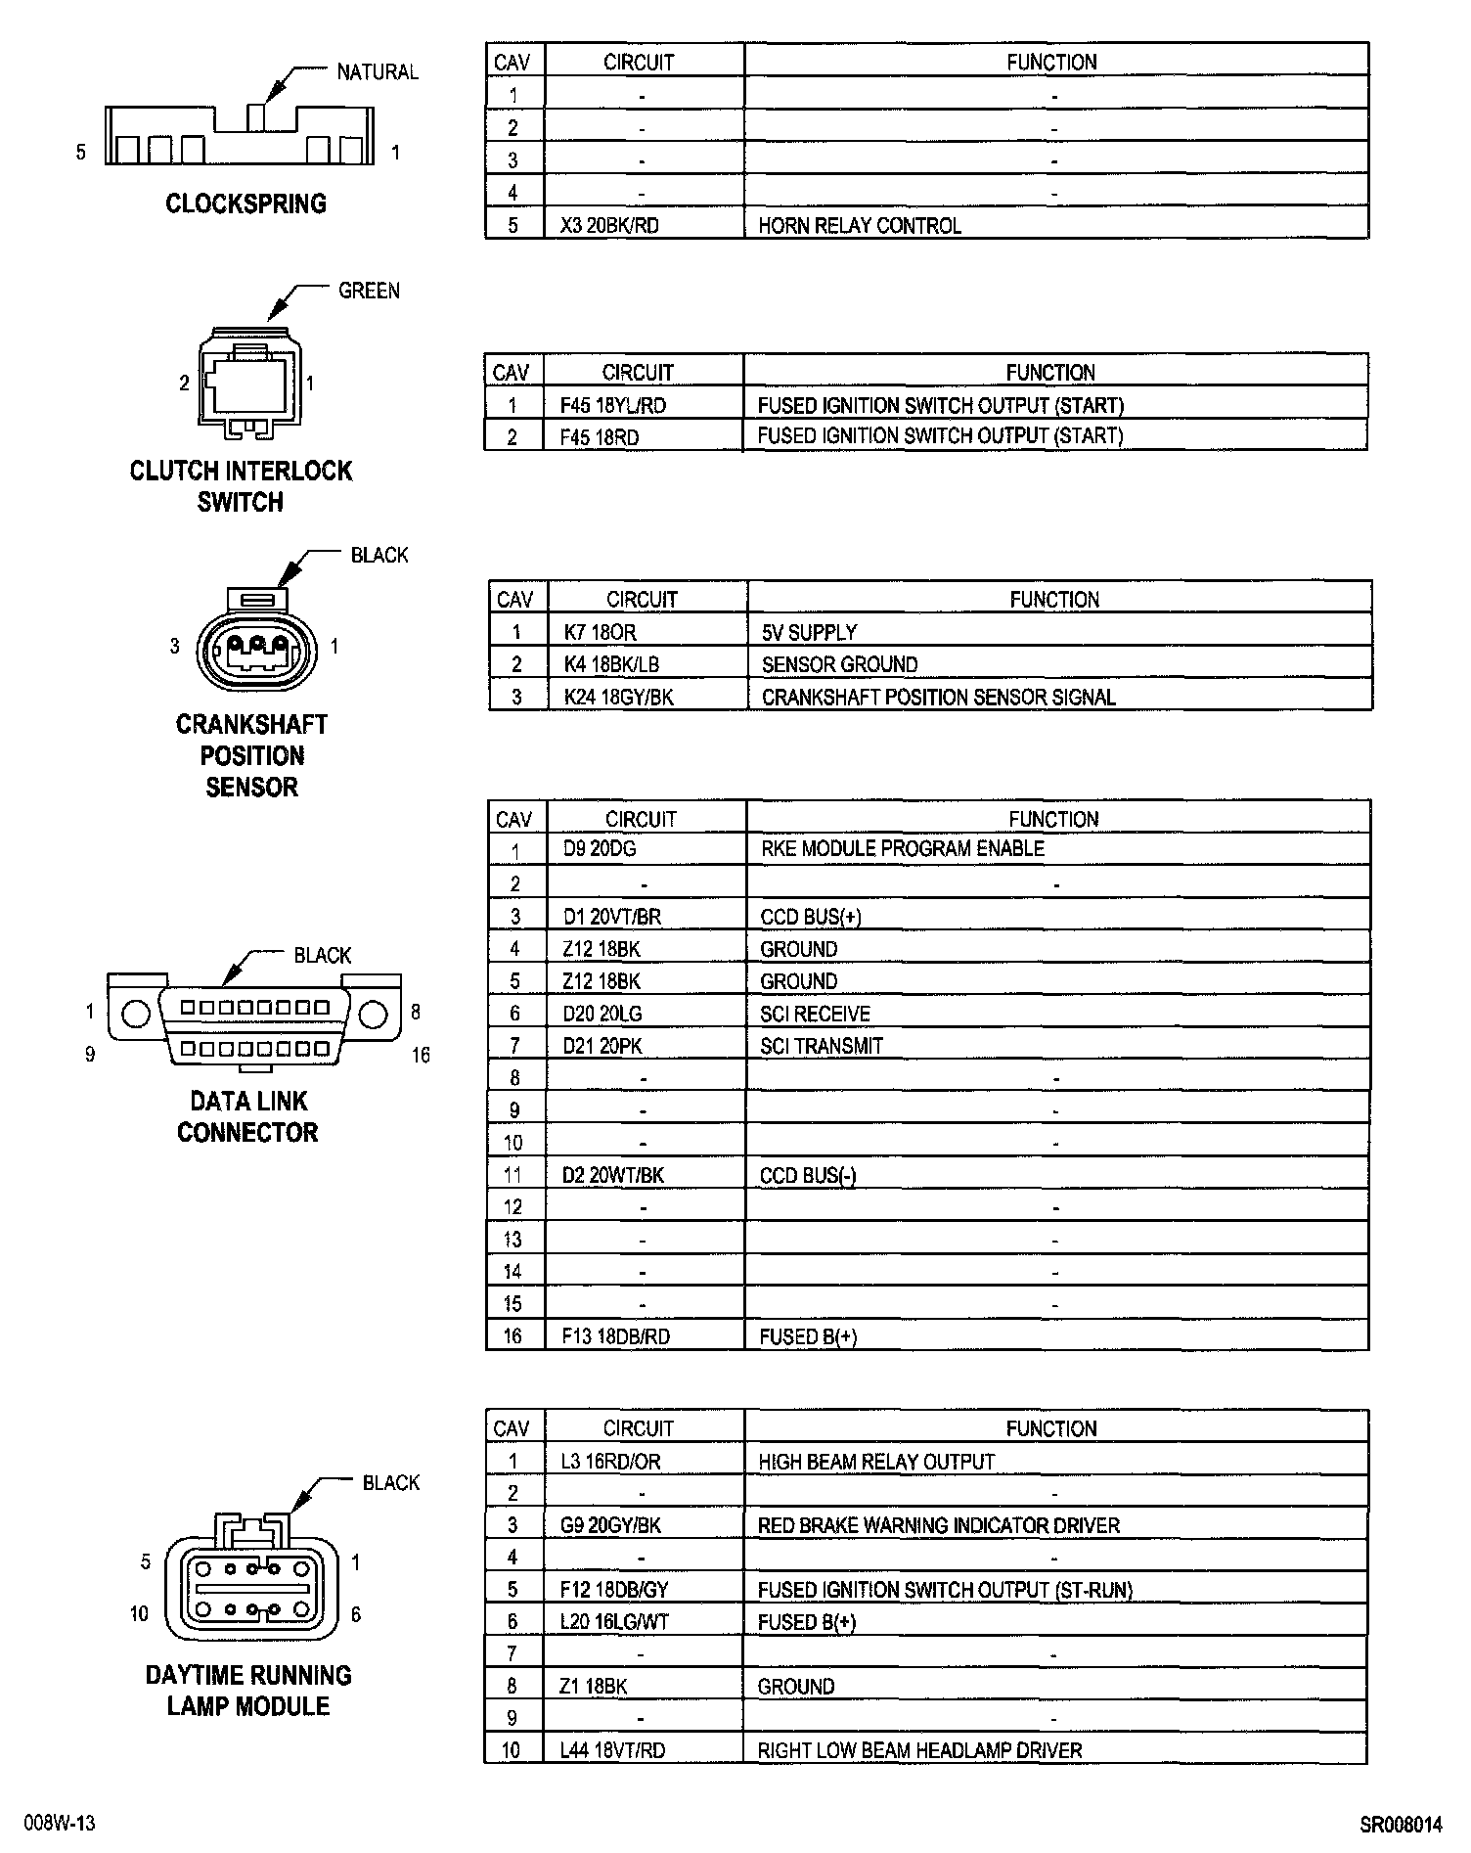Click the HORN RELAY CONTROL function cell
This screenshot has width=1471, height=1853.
point(860,225)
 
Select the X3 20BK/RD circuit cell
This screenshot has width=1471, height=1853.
point(609,225)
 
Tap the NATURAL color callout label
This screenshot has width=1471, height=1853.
point(378,71)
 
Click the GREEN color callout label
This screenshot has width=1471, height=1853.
point(369,291)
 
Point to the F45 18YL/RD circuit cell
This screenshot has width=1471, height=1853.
point(613,405)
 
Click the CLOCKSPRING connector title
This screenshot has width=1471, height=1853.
point(245,203)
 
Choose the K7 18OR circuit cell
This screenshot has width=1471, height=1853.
point(601,632)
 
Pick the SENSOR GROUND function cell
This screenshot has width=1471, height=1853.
point(839,664)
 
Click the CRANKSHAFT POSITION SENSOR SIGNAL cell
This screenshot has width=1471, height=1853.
point(938,697)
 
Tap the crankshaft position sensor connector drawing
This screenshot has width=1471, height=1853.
point(256,646)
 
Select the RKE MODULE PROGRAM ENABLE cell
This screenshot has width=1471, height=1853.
point(902,848)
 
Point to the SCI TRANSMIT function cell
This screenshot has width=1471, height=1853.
point(821,1046)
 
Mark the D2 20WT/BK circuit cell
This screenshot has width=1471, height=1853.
point(612,1175)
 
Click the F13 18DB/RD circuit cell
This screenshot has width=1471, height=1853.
point(615,1336)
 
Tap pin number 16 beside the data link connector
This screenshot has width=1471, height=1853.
point(421,1055)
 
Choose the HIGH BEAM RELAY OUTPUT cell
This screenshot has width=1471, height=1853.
point(875,1462)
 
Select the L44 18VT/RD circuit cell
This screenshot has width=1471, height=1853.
point(612,1750)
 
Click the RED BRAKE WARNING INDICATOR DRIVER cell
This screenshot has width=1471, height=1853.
point(938,1525)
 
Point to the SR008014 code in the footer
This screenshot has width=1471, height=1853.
point(1401,1825)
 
